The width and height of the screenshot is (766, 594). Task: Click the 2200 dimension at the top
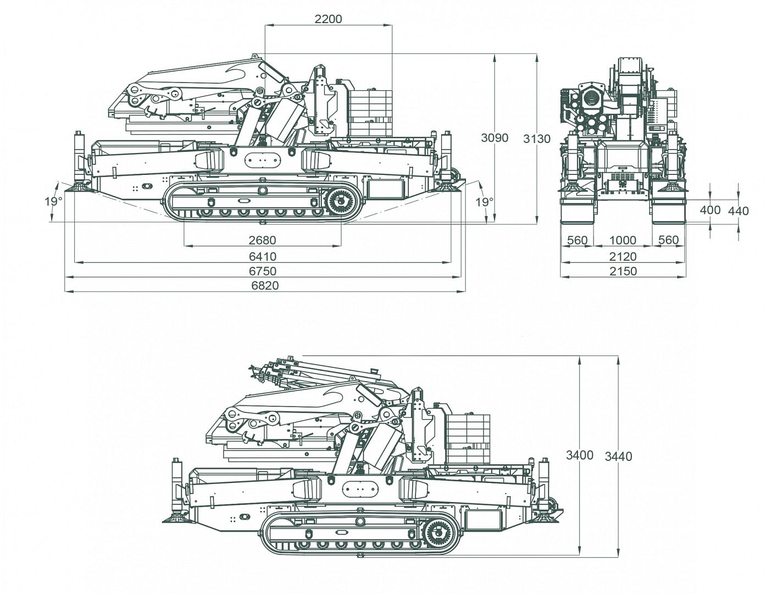328,19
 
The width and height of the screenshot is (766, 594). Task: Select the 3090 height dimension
495,138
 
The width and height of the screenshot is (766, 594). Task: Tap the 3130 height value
536,139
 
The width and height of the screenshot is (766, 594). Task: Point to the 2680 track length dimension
262,240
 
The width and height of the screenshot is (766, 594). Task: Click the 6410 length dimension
263,256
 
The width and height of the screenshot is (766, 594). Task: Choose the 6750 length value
263,271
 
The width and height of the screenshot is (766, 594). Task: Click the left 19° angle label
53,202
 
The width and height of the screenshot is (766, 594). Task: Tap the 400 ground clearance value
711,210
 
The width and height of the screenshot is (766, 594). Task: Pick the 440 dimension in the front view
739,211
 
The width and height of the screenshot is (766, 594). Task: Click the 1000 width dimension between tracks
623,240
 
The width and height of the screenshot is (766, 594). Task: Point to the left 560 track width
577,240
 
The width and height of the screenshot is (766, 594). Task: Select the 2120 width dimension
623,256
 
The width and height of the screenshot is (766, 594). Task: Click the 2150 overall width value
623,271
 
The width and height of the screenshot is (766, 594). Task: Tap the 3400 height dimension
580,455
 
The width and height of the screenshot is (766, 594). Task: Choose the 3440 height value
618,457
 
